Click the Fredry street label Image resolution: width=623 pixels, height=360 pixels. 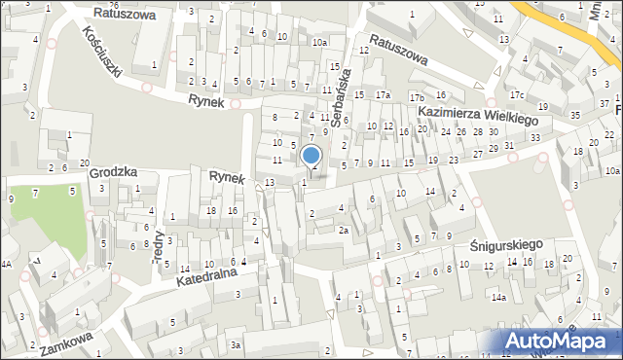(158, 237)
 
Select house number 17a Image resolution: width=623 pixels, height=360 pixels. (384, 94)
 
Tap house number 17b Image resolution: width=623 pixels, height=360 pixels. (417, 98)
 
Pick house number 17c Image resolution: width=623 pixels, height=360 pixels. (516, 94)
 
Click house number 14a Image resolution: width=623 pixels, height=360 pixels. (498, 298)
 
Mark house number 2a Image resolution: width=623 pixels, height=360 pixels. (343, 231)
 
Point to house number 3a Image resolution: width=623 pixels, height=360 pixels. (235, 344)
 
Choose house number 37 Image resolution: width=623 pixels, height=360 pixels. (605, 102)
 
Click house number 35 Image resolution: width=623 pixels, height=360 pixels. (574, 116)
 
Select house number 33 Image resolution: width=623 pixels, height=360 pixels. (535, 138)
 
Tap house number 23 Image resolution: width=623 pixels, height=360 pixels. (454, 158)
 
